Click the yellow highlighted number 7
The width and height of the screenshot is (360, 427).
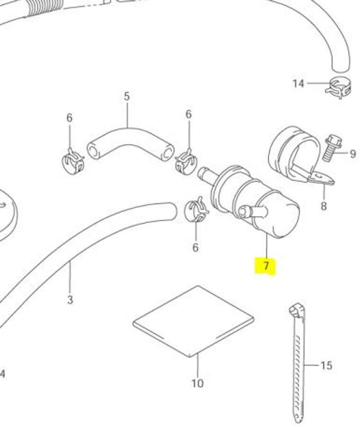(x=266, y=265)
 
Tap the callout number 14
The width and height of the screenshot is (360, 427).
(x=298, y=83)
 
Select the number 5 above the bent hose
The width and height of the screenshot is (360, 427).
(x=127, y=96)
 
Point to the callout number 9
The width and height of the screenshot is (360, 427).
(x=352, y=154)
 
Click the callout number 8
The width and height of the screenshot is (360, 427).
(x=324, y=206)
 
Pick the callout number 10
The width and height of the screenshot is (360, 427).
(x=198, y=383)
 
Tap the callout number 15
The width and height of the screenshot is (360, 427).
(x=326, y=365)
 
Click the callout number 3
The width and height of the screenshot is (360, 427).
(x=70, y=300)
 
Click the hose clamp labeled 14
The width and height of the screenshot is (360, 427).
(x=339, y=87)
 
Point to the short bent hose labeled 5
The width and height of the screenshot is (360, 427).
(x=130, y=144)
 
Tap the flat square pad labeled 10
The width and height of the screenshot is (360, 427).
(x=193, y=322)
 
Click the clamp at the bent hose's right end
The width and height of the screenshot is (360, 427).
(x=186, y=163)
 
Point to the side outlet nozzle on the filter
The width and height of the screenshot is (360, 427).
(x=252, y=211)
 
